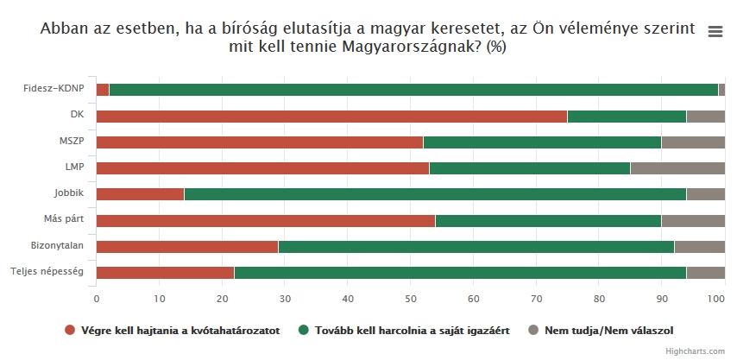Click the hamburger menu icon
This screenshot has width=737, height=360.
pos(715,31)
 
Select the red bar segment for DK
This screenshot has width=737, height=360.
pos(331,117)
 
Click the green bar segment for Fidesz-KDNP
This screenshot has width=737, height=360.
pos(413,90)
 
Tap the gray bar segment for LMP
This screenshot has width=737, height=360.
pos(677,168)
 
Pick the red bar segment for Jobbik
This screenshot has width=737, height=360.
pos(141,194)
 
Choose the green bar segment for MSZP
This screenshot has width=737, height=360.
pos(542,142)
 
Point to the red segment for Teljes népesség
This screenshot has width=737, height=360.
pos(165,273)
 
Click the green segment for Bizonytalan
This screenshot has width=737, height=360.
pos(476,247)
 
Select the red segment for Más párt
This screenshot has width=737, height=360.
pos(266,221)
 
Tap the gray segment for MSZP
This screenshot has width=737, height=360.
pos(693,142)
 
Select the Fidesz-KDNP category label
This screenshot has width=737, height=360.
pos(54,89)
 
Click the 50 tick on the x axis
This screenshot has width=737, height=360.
pos(411,299)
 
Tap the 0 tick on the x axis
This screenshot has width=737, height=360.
pos(97,299)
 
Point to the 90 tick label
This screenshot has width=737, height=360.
pos(661,299)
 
